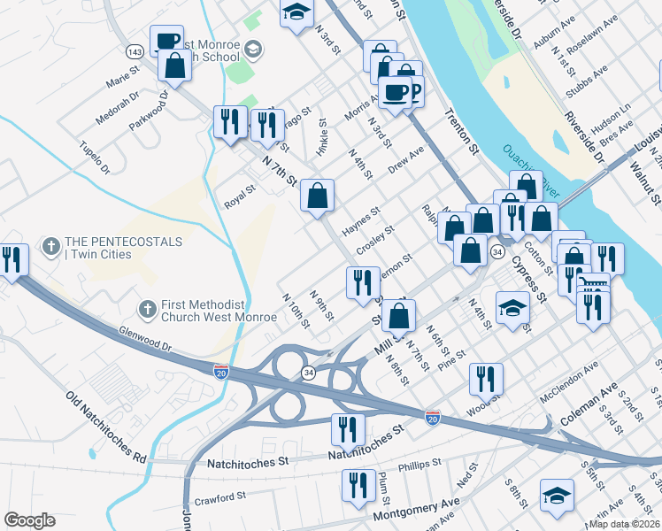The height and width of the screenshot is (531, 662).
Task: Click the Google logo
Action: pyautogui.click(x=29, y=519)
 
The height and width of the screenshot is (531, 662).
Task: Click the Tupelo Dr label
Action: pyautogui.click(x=94, y=156)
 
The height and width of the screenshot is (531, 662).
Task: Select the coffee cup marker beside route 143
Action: pyautogui.click(x=166, y=41)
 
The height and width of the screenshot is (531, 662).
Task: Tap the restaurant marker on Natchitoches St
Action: pyautogui.click(x=348, y=429)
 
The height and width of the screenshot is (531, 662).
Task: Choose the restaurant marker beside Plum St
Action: pyautogui.click(x=358, y=486)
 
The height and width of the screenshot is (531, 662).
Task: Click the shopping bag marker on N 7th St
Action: pyautogui.click(x=317, y=196)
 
